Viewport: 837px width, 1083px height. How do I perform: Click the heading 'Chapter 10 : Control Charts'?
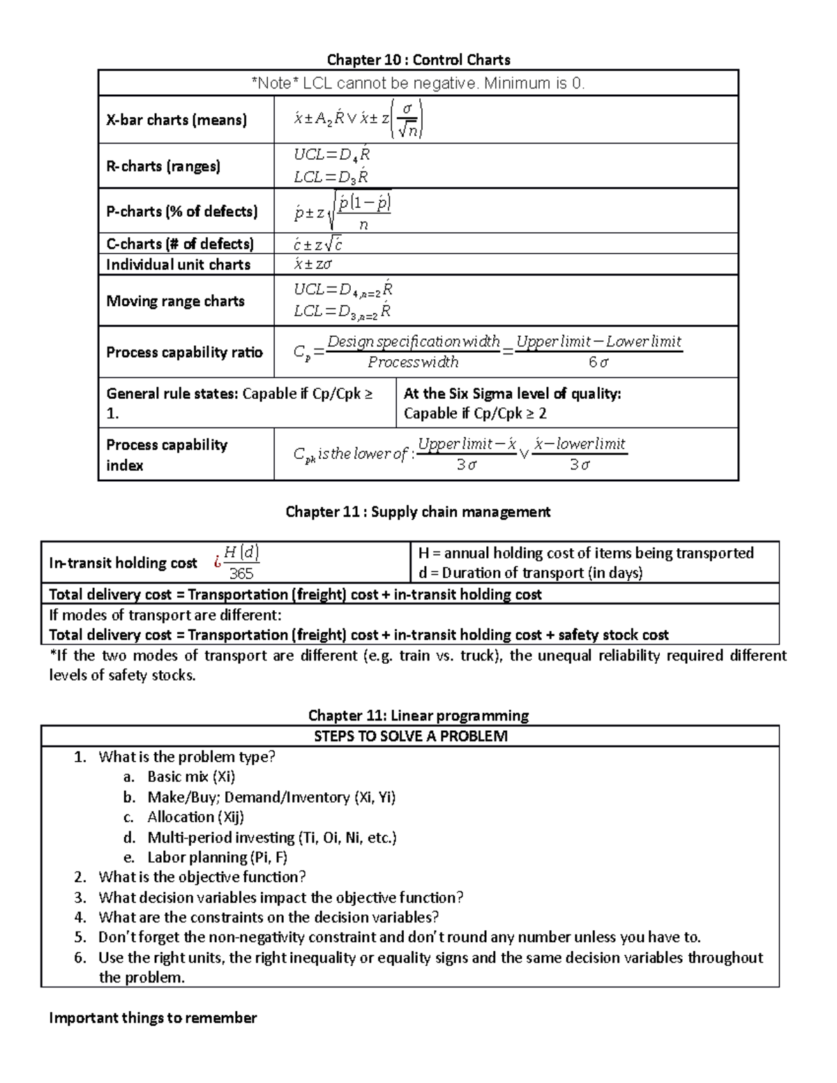pyautogui.click(x=418, y=59)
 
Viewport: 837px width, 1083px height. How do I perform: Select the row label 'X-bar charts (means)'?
pyautogui.click(x=176, y=120)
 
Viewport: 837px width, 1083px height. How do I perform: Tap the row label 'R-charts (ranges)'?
pyautogui.click(x=163, y=166)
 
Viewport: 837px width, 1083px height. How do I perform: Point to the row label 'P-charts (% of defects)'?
pyautogui.click(x=181, y=211)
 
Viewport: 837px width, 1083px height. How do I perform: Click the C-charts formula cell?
pyautogui.click(x=318, y=244)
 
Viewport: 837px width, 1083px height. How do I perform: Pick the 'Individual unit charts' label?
pyautogui.click(x=178, y=264)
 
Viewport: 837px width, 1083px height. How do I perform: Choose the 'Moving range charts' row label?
pyautogui.click(x=175, y=301)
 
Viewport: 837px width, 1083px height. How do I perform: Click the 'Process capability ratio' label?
pyautogui.click(x=184, y=352)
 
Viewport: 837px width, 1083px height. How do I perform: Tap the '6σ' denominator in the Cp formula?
pyautogui.click(x=598, y=363)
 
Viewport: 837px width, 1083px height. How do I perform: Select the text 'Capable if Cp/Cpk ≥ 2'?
pyautogui.click(x=475, y=414)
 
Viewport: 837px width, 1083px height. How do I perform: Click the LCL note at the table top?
pyautogui.click(x=418, y=84)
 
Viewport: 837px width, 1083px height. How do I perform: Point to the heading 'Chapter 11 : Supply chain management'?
pyautogui.click(x=418, y=512)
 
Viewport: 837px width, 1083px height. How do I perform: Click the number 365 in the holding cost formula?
pyautogui.click(x=241, y=574)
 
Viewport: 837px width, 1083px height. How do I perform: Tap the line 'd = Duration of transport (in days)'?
pyautogui.click(x=530, y=573)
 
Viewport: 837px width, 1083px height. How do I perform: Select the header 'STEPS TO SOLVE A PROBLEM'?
pyautogui.click(x=410, y=736)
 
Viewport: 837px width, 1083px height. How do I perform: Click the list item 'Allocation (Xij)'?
pyautogui.click(x=195, y=817)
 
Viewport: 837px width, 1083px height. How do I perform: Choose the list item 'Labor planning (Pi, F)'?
pyautogui.click(x=217, y=858)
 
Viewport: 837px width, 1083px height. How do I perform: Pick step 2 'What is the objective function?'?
pyautogui.click(x=202, y=877)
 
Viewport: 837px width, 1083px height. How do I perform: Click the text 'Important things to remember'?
pyautogui.click(x=153, y=1018)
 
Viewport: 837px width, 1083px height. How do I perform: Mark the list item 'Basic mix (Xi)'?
pyautogui.click(x=191, y=777)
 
